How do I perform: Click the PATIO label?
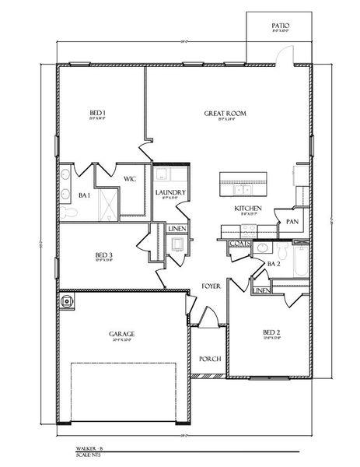pos(281,26)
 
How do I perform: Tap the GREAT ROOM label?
pos(225,114)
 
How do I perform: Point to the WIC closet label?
pos(130,179)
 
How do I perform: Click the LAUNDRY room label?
pos(170,192)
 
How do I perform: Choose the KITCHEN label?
pos(248,209)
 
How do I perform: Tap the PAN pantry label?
pos(292,221)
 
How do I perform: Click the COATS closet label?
pos(239,244)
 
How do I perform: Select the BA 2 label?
pos(273,263)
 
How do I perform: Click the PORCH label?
pos(210,359)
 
